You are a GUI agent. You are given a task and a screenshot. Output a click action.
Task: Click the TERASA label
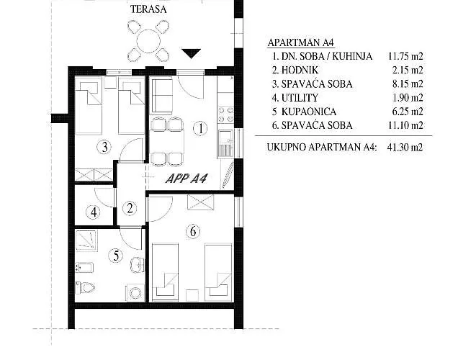[148, 9]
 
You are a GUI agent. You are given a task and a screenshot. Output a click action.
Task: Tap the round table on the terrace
[148, 41]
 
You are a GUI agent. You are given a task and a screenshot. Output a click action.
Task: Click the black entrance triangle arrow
[191, 53]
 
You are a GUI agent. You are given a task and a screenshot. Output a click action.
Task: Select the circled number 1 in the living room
[200, 128]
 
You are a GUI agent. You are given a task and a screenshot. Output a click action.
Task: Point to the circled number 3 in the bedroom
[104, 147]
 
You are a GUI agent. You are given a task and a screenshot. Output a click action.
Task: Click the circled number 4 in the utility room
[94, 212]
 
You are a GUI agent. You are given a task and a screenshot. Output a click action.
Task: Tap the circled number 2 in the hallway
[130, 208]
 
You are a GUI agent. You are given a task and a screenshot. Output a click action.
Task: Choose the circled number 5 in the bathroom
[116, 256]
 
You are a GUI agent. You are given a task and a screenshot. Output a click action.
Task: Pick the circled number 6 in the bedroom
[193, 232]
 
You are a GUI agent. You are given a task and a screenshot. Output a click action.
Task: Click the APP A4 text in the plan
[187, 179]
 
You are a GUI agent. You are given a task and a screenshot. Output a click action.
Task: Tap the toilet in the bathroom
[85, 288]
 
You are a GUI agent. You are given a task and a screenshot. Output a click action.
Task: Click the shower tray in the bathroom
[86, 240]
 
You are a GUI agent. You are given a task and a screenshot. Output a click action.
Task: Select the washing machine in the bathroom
[135, 293]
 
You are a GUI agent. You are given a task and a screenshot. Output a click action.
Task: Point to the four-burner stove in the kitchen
[226, 114]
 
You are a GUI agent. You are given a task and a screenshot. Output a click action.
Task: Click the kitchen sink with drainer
[225, 143]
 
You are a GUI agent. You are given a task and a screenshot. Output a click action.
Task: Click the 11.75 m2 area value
[405, 56]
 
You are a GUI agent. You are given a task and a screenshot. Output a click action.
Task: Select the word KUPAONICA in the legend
[309, 112]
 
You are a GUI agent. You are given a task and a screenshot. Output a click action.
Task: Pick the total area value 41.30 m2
[405, 147]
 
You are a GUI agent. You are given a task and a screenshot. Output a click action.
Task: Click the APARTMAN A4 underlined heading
[300, 42]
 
